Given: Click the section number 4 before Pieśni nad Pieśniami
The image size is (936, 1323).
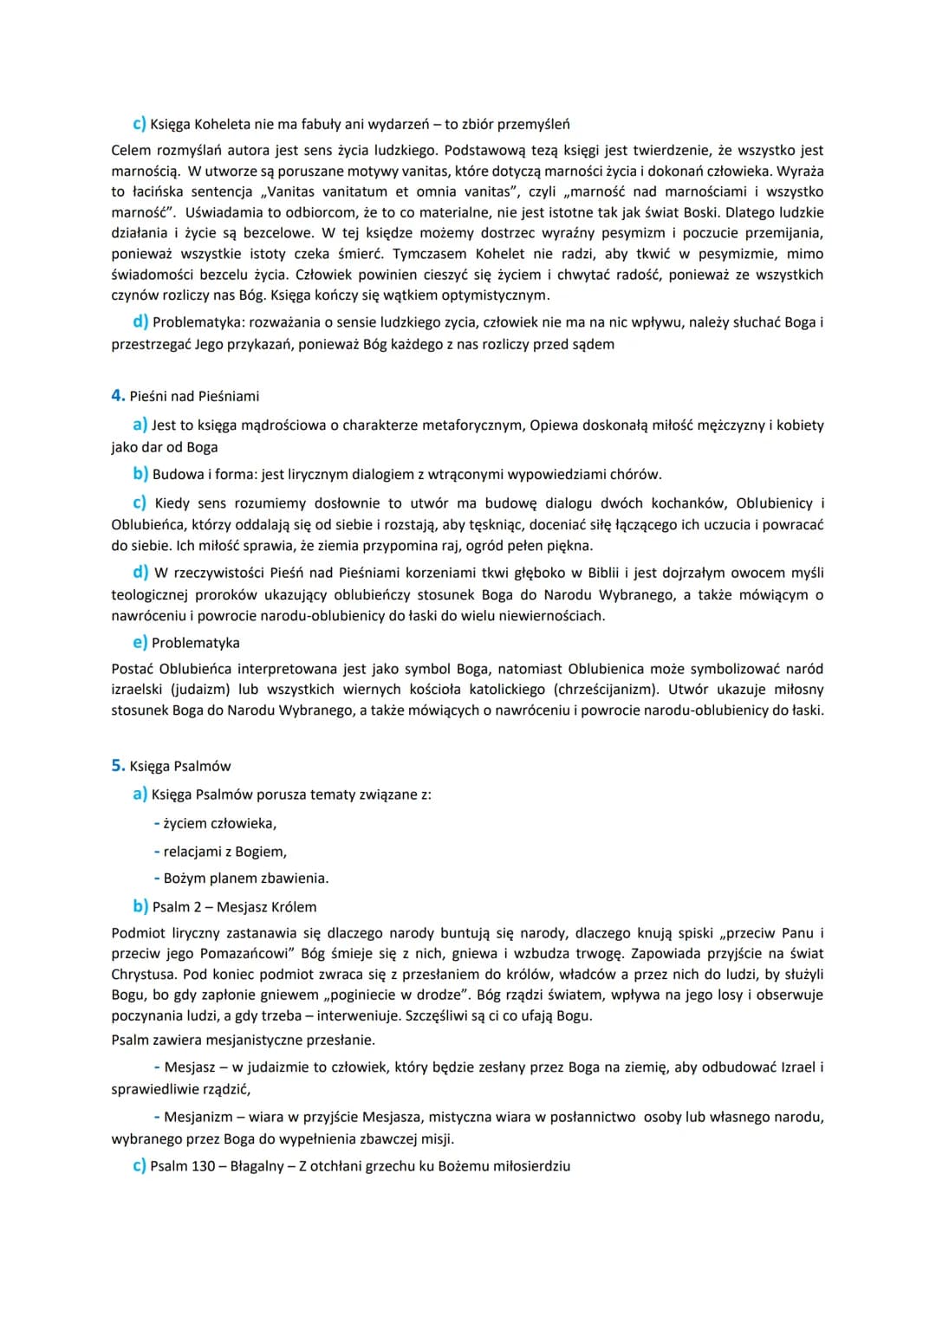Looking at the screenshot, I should click(117, 396).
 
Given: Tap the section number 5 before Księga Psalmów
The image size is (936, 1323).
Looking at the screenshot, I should click(117, 766).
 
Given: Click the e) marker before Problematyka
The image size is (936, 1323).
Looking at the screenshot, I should click(140, 643).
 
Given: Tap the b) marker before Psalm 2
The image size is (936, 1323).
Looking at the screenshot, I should click(140, 907).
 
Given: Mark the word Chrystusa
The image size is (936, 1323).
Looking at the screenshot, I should click(142, 975).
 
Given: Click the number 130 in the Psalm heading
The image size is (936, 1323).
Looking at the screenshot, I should click(203, 1166).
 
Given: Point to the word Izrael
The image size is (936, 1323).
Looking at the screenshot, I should click(796, 1067).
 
